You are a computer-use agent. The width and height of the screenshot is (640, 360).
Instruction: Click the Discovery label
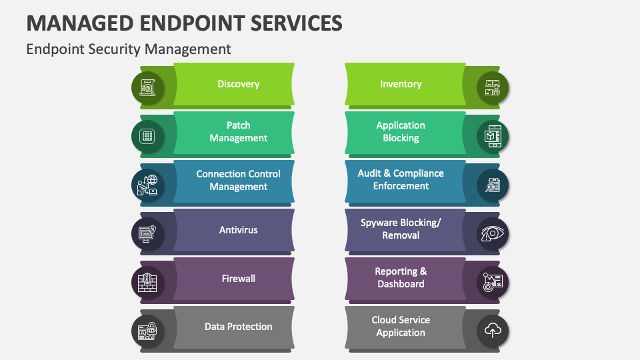click(238, 84)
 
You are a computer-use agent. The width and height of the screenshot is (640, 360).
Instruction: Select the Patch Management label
click(238, 131)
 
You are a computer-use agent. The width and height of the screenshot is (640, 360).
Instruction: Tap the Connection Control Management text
click(238, 180)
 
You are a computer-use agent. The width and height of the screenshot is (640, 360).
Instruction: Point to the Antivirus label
click(238, 230)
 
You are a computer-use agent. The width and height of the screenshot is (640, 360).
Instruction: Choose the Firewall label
click(238, 279)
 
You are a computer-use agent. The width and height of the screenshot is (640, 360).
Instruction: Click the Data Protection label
click(238, 327)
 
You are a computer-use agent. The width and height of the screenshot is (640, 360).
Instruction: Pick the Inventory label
click(401, 84)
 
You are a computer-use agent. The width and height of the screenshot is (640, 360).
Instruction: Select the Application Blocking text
click(401, 131)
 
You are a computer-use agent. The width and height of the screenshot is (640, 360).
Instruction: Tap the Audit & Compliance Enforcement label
click(401, 179)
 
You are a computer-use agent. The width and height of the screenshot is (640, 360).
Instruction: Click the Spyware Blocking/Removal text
click(401, 229)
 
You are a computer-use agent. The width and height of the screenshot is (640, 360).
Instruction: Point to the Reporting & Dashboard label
click(401, 277)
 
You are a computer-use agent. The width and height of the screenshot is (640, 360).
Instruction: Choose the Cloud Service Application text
click(401, 326)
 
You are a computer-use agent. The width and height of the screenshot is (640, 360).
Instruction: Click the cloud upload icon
click(493, 330)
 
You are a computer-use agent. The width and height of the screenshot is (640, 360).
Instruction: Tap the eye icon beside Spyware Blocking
click(493, 233)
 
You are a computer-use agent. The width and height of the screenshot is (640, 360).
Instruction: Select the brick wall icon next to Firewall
click(147, 282)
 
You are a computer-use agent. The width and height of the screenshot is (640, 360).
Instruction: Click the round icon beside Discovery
click(147, 87)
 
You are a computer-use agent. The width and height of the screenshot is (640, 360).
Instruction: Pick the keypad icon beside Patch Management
click(147, 137)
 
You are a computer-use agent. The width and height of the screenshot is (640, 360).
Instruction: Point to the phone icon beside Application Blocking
click(493, 137)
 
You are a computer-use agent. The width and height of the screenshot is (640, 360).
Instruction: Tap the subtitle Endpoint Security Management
click(129, 49)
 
